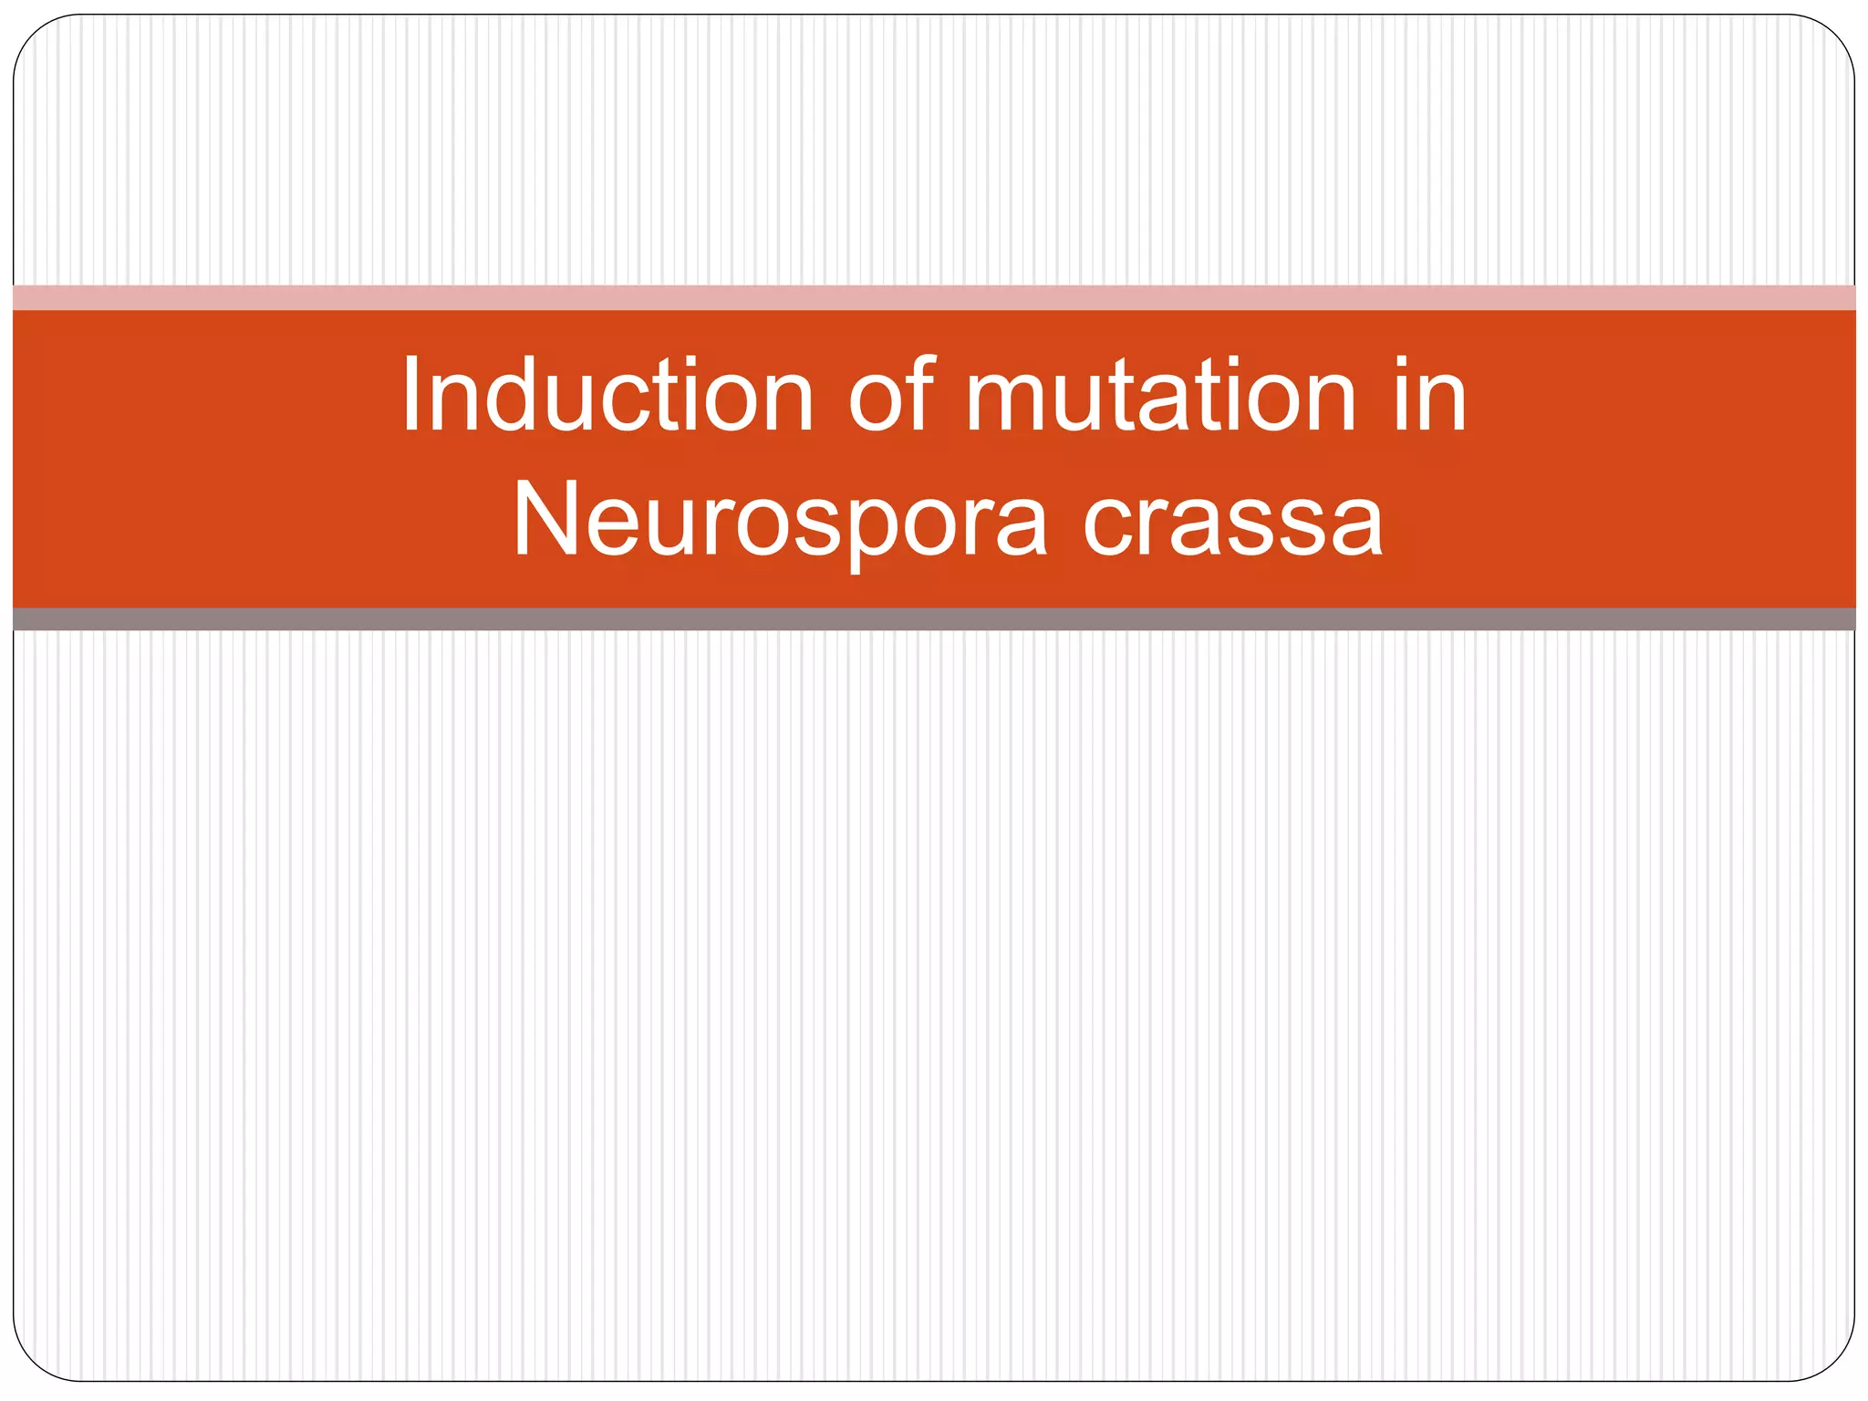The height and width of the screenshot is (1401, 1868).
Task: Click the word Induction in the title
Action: [607, 394]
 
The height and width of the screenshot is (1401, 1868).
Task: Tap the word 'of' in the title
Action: [891, 394]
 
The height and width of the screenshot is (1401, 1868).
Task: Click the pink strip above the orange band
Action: [934, 297]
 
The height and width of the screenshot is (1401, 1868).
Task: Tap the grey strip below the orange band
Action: [934, 619]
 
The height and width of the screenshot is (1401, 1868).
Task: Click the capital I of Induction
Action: [411, 394]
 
